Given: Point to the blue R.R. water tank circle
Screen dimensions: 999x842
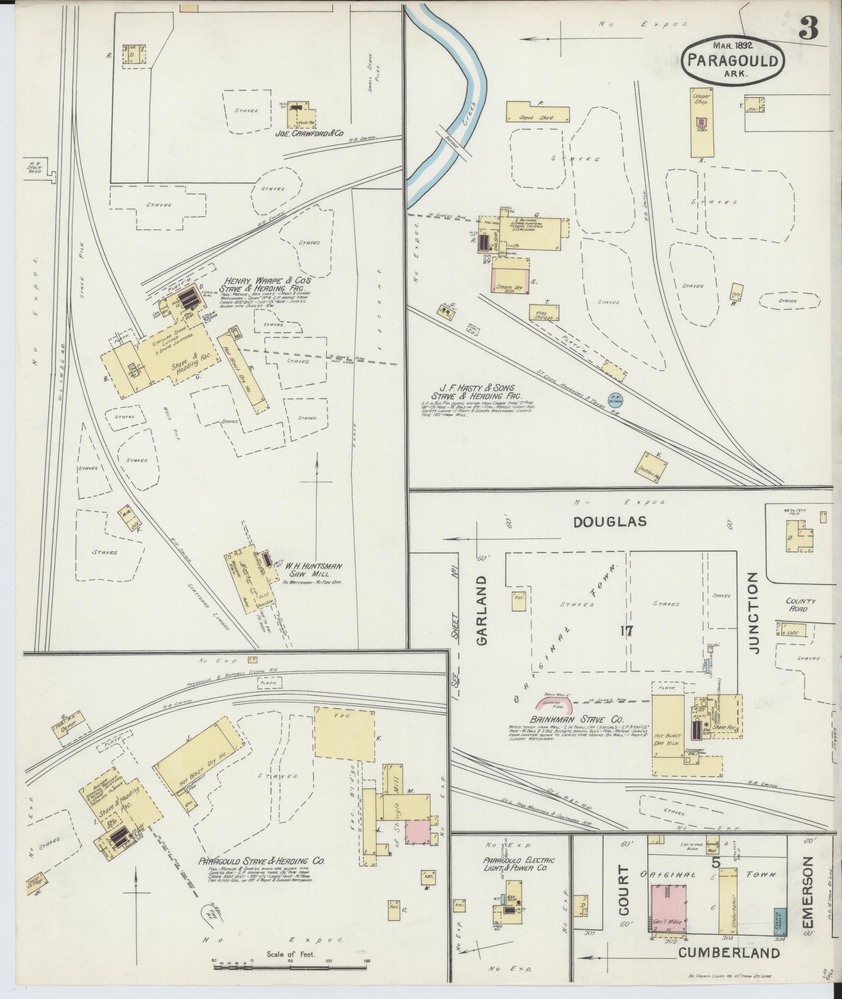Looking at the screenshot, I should pos(615,398).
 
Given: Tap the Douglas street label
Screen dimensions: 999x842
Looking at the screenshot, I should pos(609,521).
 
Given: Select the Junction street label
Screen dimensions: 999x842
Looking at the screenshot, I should pos(752,613).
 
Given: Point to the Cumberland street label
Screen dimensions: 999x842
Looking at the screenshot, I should pos(729,953).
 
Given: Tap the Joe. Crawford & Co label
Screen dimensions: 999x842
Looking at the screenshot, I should pos(310,134).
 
